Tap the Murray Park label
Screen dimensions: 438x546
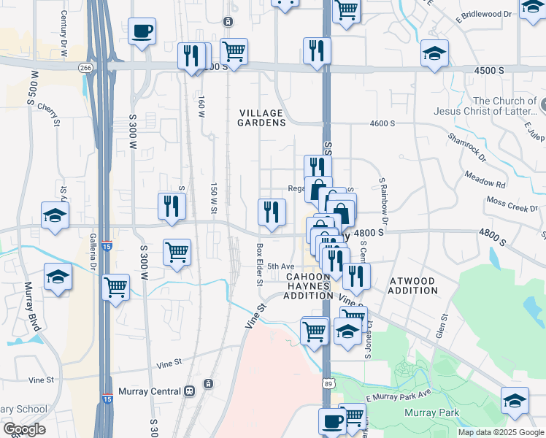point(431,413)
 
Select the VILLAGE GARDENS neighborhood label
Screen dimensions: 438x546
point(261,118)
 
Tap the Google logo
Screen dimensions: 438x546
point(24,429)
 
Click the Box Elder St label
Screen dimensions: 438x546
point(258,264)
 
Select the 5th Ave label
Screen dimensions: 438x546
point(280,266)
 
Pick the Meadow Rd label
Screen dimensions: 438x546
point(485,180)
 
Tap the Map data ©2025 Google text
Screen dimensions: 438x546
point(500,432)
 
